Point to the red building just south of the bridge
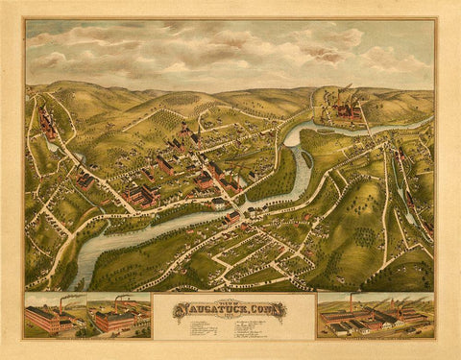click(233, 219)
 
